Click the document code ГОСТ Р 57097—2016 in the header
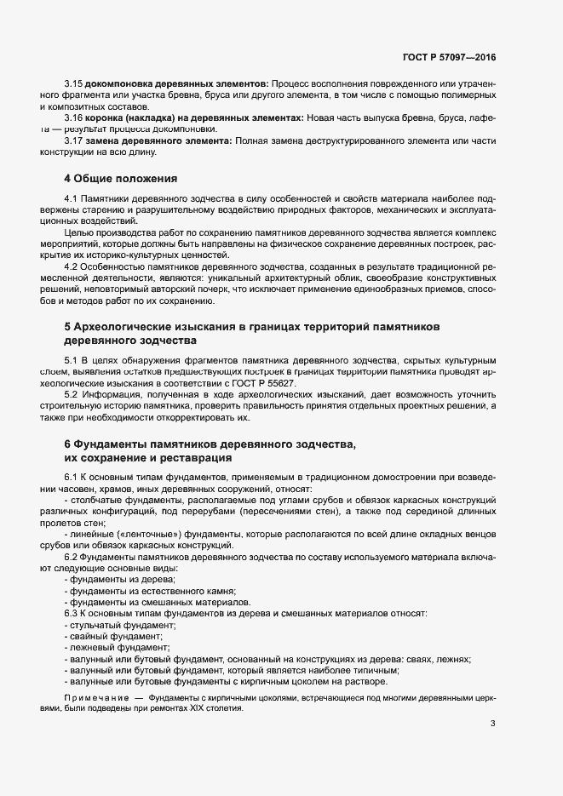point(449,57)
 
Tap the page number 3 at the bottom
point(492,724)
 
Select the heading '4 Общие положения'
point(120,179)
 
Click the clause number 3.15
point(72,83)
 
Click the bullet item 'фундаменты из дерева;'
point(110,578)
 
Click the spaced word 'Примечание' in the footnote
point(94,697)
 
